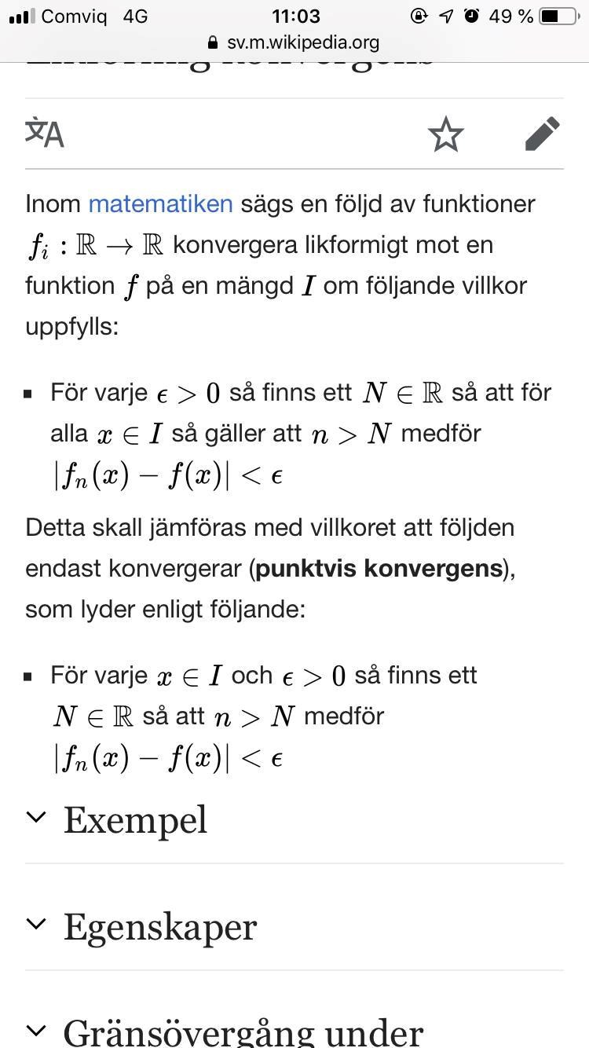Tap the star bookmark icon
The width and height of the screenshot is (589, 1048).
pyautogui.click(x=445, y=134)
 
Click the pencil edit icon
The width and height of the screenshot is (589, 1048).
pyautogui.click(x=543, y=134)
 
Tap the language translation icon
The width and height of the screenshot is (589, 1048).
pyautogui.click(x=45, y=133)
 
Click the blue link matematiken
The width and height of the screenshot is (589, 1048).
pyautogui.click(x=160, y=203)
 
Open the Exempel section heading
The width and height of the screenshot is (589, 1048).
pyautogui.click(x=135, y=819)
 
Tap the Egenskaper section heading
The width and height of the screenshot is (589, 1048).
pyautogui.click(x=159, y=926)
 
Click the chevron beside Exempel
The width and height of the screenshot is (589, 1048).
pyautogui.click(x=36, y=817)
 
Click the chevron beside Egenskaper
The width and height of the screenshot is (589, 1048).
pyautogui.click(x=36, y=924)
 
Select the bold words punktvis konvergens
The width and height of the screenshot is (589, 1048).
pyautogui.click(x=379, y=568)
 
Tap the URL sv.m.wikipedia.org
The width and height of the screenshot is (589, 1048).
pyautogui.click(x=303, y=42)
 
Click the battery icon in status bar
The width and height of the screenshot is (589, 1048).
pyautogui.click(x=558, y=16)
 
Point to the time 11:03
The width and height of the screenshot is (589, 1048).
pyautogui.click(x=295, y=16)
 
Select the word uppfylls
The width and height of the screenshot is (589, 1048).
pyautogui.click(x=71, y=326)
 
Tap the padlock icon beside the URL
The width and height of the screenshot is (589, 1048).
pyautogui.click(x=213, y=42)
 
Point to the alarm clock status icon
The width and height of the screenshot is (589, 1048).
pyautogui.click(x=471, y=16)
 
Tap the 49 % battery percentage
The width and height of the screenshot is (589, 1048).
pyautogui.click(x=510, y=16)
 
